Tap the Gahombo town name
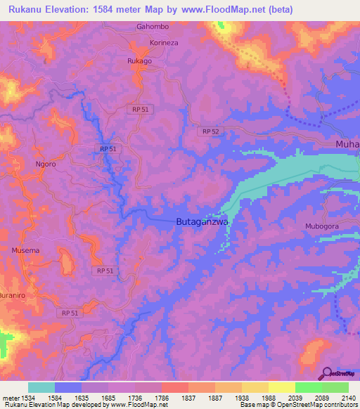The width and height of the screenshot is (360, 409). pyautogui.click(x=153, y=27)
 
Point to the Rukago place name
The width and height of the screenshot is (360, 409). pyautogui.click(x=139, y=61)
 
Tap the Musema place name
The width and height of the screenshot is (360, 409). pyautogui.click(x=25, y=250)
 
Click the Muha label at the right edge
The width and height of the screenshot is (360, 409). pyautogui.click(x=347, y=145)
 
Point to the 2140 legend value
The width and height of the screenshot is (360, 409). pyautogui.click(x=340, y=397)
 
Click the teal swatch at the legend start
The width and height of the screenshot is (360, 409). pyautogui.click(x=41, y=387)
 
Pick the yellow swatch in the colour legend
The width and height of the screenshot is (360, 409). pyautogui.click(x=281, y=387)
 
